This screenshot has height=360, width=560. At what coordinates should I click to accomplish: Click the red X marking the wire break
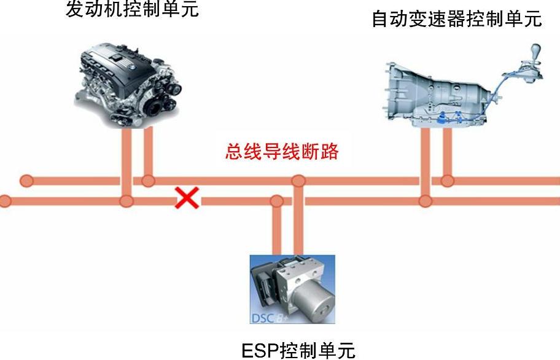pyautogui.click(x=187, y=198)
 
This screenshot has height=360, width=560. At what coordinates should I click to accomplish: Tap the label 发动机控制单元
pyautogui.click(x=132, y=10)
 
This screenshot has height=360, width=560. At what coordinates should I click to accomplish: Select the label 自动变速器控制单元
pyautogui.click(x=457, y=19)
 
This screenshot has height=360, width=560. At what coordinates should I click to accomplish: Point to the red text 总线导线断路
pyautogui.click(x=282, y=151)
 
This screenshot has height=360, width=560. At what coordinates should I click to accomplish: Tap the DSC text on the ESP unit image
pyautogui.click(x=262, y=318)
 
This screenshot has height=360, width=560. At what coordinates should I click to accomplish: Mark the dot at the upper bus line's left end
pyautogui.click(x=26, y=181)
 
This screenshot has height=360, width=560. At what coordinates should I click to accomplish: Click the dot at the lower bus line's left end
pyautogui.click(x=5, y=200)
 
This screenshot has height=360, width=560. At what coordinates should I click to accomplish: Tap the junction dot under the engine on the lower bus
pyautogui.click(x=126, y=200)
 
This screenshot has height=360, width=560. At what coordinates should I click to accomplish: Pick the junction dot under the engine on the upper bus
pyautogui.click(x=147, y=181)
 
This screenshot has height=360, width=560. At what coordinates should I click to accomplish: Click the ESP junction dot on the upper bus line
pyautogui.click(x=298, y=181)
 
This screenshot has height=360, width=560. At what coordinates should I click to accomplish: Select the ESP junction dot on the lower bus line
pyautogui.click(x=277, y=200)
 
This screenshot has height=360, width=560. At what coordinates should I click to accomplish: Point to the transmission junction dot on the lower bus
pyautogui.click(x=425, y=200)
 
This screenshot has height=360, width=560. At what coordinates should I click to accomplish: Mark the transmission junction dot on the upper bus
pyautogui.click(x=447, y=181)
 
